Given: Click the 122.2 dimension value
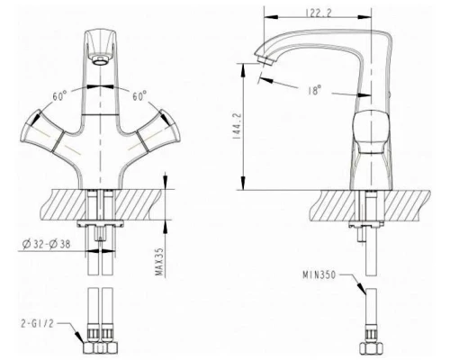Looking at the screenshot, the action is click(x=319, y=13).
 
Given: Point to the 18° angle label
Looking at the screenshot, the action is click(x=314, y=90).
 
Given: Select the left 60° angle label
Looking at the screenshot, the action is click(x=59, y=96).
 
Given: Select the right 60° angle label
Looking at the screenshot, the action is click(x=139, y=96).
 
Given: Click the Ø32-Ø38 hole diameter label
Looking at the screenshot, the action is click(x=47, y=244).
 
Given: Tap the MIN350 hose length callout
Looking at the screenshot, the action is click(x=319, y=274).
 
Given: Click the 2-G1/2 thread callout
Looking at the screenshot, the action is click(x=37, y=323).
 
